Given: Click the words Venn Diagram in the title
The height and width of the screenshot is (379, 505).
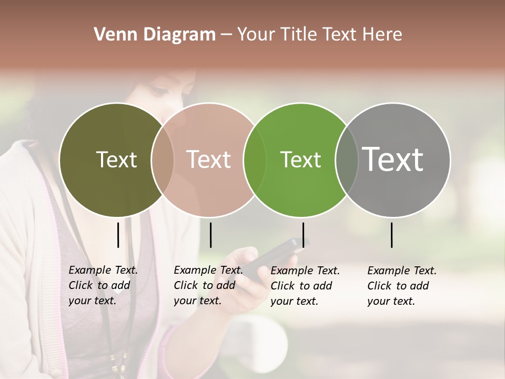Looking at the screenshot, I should pyautogui.click(x=155, y=35).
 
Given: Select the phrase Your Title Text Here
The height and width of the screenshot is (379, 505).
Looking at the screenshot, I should pyautogui.click(x=319, y=35).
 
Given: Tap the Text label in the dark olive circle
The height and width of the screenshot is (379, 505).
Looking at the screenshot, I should pyautogui.click(x=116, y=159).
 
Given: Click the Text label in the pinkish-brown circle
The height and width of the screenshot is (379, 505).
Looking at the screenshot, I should pyautogui.click(x=208, y=159).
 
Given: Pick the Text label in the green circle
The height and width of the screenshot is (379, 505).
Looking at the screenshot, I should pyautogui.click(x=300, y=159).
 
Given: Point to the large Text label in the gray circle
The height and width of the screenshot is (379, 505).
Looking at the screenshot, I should pyautogui.click(x=393, y=159).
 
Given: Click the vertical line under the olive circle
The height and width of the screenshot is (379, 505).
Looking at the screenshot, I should pyautogui.click(x=118, y=235).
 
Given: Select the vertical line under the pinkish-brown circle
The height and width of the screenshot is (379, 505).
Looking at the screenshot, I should pyautogui.click(x=210, y=235).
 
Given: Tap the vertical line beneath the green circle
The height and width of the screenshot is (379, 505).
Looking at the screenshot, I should pyautogui.click(x=303, y=235).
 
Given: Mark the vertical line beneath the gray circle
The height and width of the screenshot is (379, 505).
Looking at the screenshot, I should pyautogui.click(x=392, y=235).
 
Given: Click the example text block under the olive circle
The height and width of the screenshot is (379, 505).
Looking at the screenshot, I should pyautogui.click(x=103, y=285).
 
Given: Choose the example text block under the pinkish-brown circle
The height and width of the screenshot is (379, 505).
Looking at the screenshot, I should pyautogui.click(x=208, y=285).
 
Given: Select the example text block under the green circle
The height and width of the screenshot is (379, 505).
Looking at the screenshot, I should pyautogui.click(x=305, y=286).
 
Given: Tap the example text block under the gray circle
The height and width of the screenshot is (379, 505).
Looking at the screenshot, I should pyautogui.click(x=401, y=286).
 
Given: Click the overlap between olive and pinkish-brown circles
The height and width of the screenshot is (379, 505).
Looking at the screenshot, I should pyautogui.click(x=163, y=159).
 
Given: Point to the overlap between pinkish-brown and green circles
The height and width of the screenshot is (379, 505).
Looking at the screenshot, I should pyautogui.click(x=255, y=159).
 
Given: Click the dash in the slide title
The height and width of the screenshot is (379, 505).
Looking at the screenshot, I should pyautogui.click(x=226, y=35).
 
